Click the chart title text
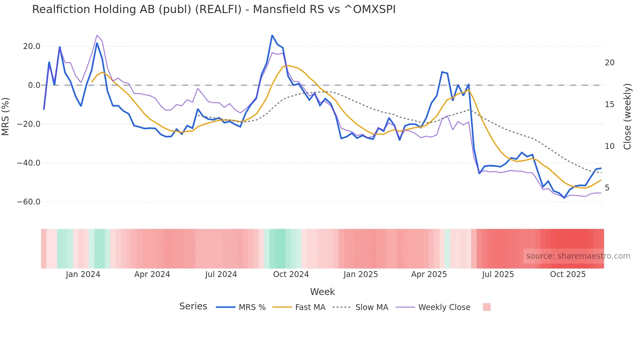pos(214,9)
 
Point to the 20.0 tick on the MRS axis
pos(32,46)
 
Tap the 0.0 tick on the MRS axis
pos(34,85)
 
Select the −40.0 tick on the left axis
pos(29,163)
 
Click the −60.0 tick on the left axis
pos(29,202)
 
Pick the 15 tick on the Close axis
pos(609,105)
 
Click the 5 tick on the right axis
pos(607,188)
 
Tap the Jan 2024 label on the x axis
pos(83,274)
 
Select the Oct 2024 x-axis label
pos(291,274)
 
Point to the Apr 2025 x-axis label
pos(429,274)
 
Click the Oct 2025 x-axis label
pos(568,274)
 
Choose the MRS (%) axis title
pos(6,117)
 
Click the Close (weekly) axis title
pos(627,117)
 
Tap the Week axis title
pos(322,292)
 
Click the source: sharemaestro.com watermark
pos(578,256)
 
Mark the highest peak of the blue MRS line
pos(272,35)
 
